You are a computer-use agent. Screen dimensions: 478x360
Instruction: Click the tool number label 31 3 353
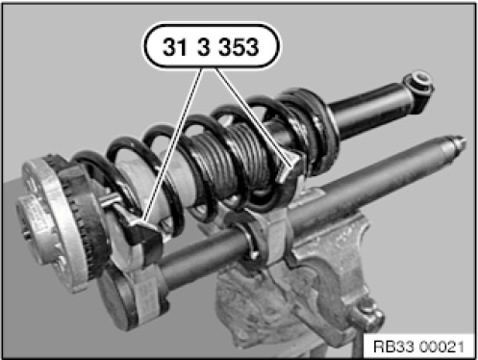(211, 46)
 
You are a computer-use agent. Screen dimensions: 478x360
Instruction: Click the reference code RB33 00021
(419, 347)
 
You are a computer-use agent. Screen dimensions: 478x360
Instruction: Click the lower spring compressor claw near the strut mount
(141, 231)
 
